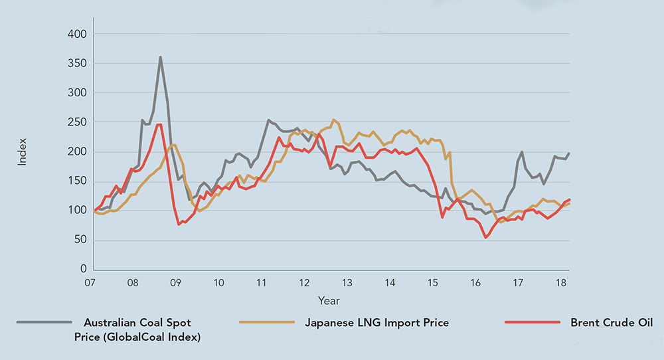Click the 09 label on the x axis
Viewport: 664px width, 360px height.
click(x=175, y=283)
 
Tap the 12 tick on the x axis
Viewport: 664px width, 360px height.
click(x=303, y=283)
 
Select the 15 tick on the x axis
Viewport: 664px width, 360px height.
click(x=432, y=283)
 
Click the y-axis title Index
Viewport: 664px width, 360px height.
click(x=22, y=151)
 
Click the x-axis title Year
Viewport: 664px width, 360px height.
click(x=328, y=301)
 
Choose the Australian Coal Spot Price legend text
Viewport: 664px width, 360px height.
click(x=137, y=329)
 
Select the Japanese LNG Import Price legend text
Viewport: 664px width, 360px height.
click(x=376, y=323)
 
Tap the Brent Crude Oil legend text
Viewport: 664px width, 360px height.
click(x=611, y=323)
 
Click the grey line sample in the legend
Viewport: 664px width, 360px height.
click(x=44, y=322)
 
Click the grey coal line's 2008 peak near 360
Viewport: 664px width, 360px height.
click(x=160, y=57)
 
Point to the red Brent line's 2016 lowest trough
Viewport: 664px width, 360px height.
click(x=485, y=237)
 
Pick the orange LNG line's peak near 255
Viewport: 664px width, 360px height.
click(x=334, y=120)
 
